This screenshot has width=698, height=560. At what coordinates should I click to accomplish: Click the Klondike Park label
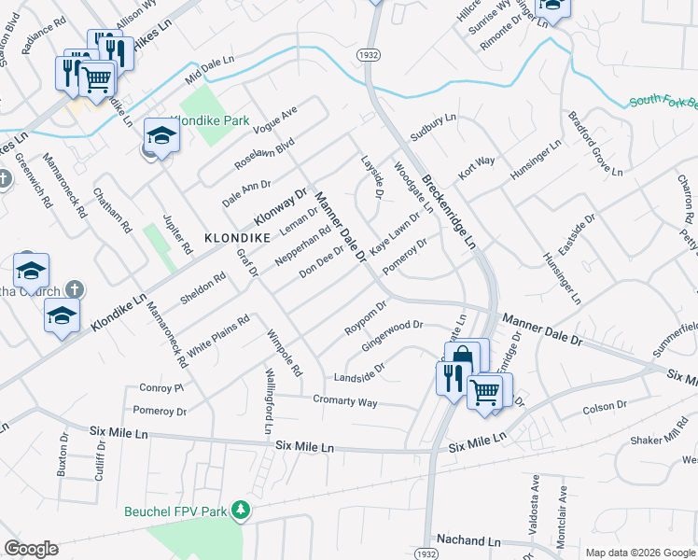[211, 120]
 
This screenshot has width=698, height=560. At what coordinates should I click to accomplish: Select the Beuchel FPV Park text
[175, 511]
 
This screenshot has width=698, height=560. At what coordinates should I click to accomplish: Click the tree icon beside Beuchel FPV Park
[242, 509]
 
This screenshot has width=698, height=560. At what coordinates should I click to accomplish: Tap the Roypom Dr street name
[365, 317]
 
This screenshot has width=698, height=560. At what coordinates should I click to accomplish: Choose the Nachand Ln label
[468, 540]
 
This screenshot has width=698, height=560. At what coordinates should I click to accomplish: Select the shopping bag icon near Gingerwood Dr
[462, 357]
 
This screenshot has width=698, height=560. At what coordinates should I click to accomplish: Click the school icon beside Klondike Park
[161, 135]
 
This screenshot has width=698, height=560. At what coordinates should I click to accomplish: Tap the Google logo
[31, 549]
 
